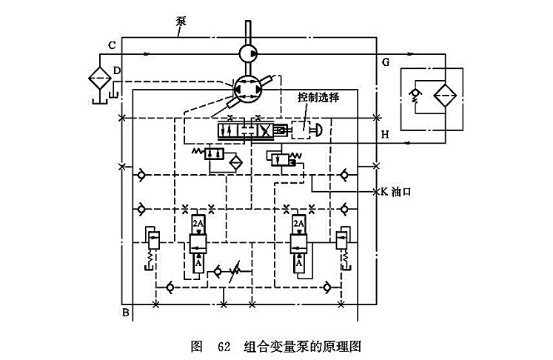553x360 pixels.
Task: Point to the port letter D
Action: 116,69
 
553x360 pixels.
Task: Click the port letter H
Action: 384,133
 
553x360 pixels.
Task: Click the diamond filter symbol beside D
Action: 95,79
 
